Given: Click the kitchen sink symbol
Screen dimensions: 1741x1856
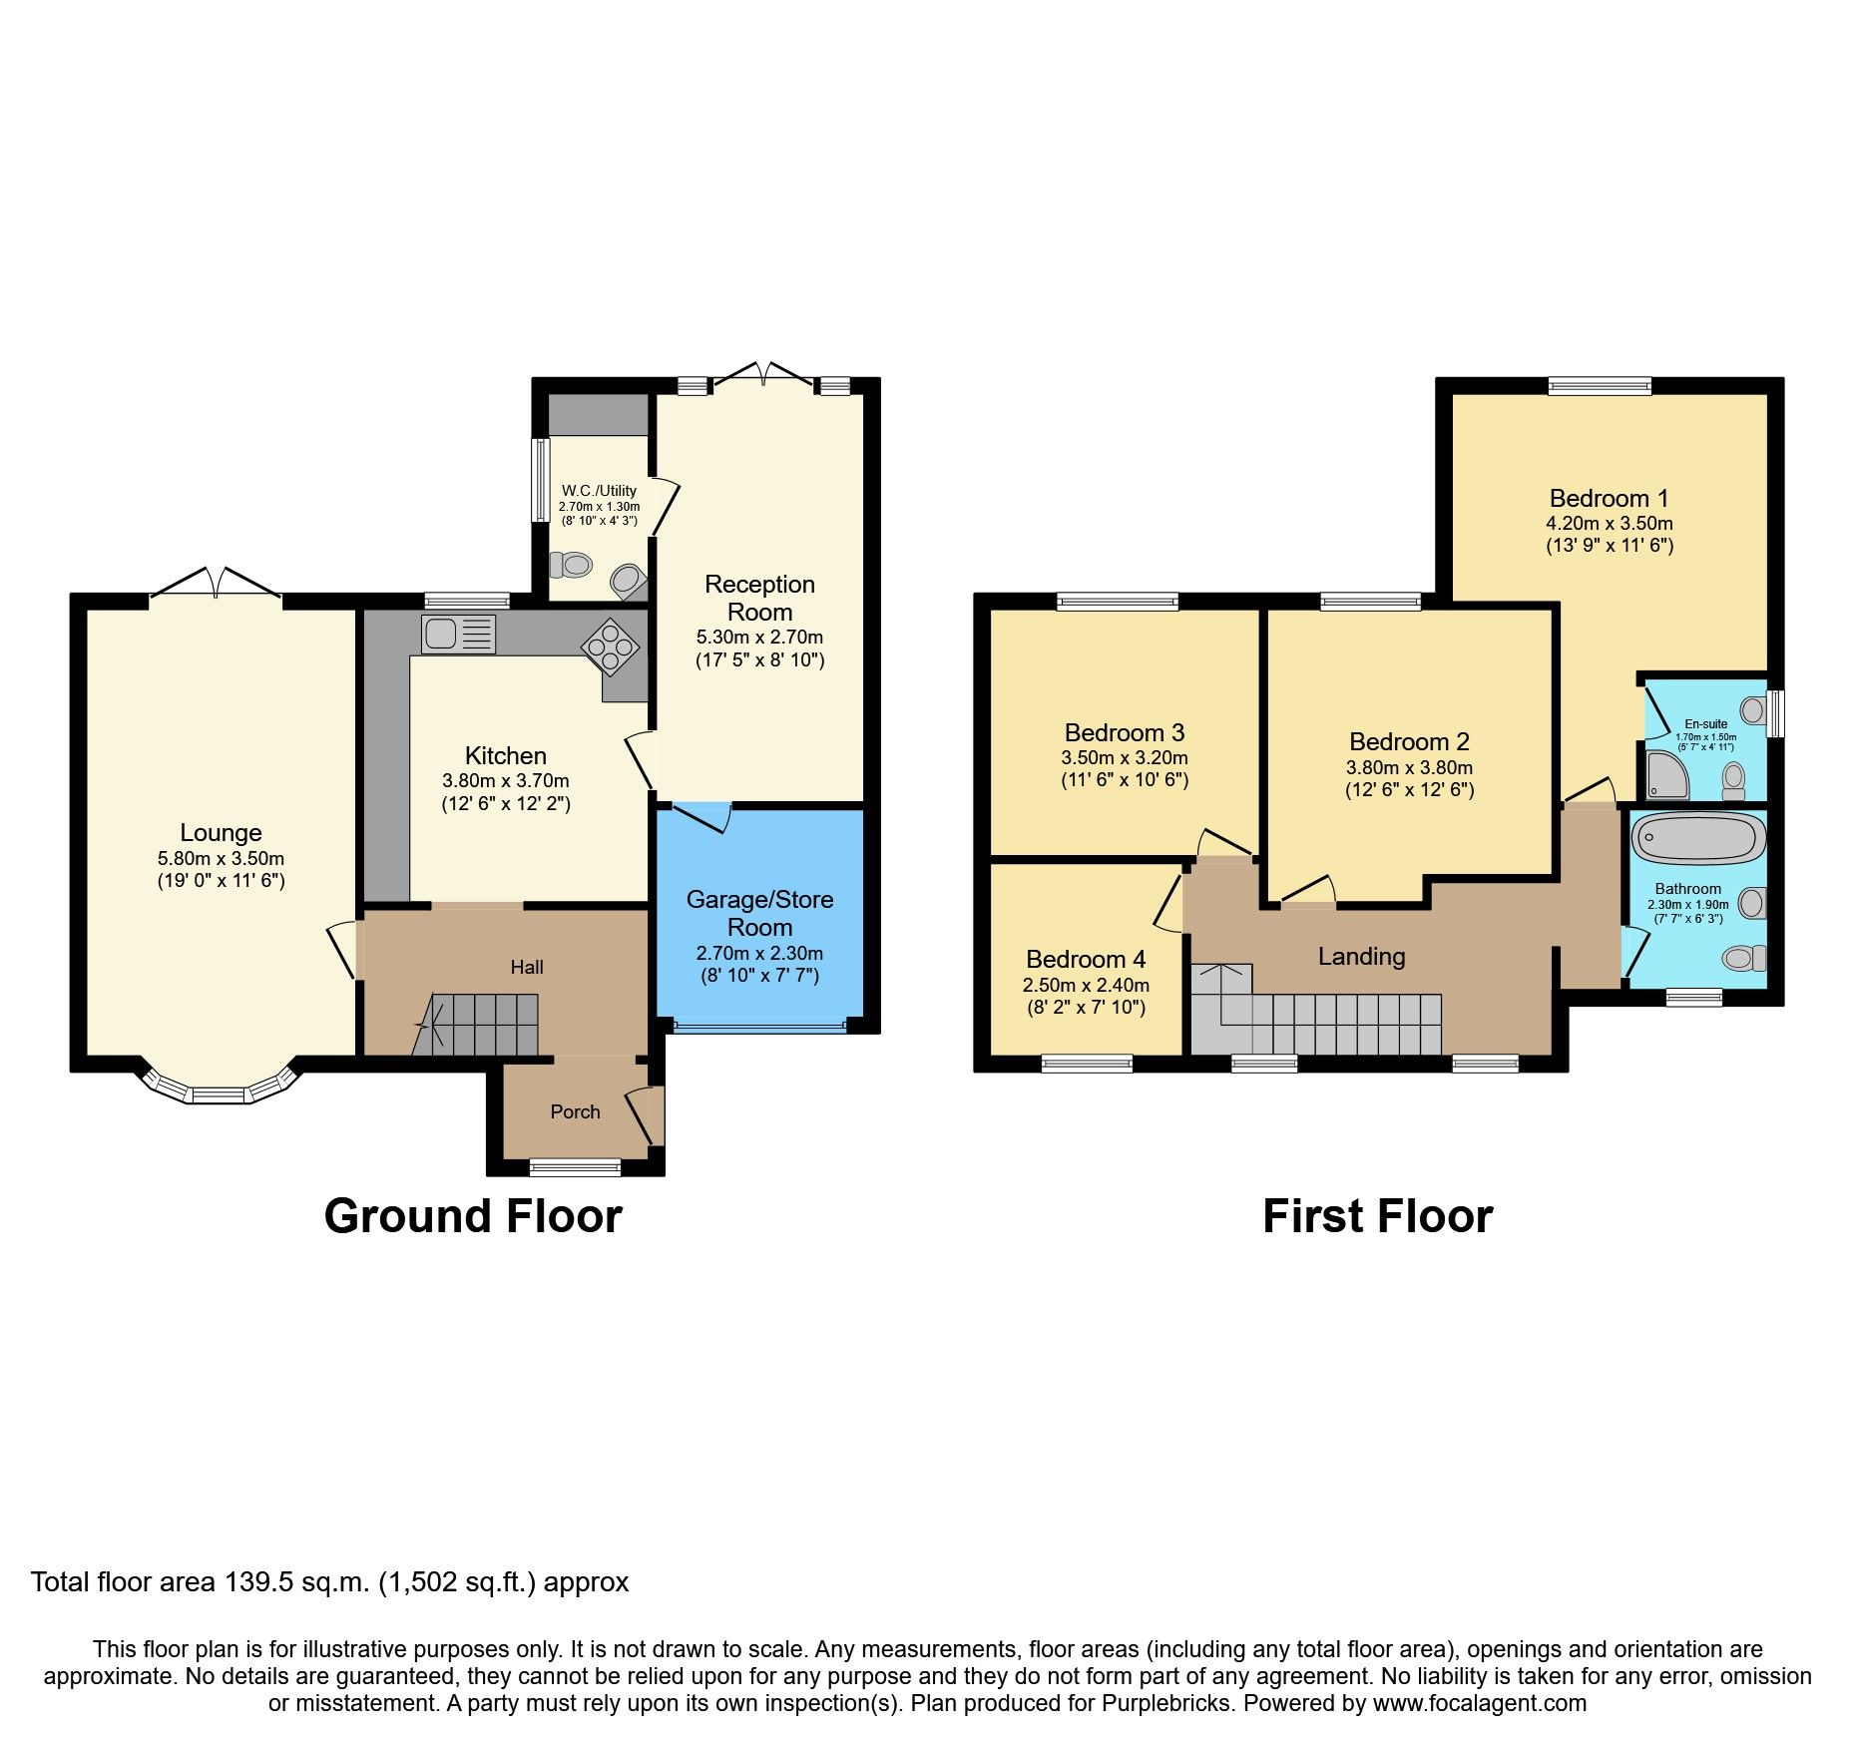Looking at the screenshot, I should click(458, 634).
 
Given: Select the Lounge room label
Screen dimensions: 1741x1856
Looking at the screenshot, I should click(221, 832).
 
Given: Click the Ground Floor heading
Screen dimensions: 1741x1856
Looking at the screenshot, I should click(473, 1216).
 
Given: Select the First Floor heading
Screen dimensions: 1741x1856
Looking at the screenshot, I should click(1377, 1216).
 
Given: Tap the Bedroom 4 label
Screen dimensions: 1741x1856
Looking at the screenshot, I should click(1086, 959).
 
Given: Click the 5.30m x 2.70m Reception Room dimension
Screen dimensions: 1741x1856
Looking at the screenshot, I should click(759, 637).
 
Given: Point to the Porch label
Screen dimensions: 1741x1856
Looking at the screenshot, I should click(575, 1111).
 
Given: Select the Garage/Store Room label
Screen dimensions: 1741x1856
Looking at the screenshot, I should click(759, 913).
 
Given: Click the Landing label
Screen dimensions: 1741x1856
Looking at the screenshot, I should click(1361, 957).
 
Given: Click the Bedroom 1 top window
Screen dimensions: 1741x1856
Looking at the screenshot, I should click(1600, 386).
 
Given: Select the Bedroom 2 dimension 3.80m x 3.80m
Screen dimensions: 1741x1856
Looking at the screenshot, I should click(1409, 767).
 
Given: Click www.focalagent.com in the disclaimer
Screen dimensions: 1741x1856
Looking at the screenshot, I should click(1479, 1703).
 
